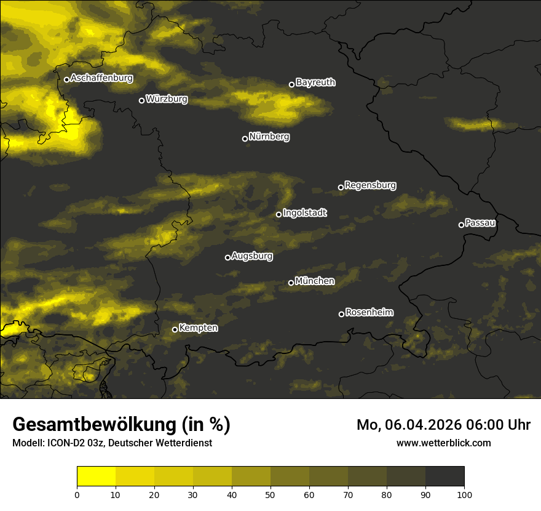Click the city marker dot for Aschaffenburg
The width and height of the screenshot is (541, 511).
66,79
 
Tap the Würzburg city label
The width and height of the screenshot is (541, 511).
167,99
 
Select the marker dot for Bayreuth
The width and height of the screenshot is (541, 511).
291,84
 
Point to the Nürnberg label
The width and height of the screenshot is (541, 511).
269,137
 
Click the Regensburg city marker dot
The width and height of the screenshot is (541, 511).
341,187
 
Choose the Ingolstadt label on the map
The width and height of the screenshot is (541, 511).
305,213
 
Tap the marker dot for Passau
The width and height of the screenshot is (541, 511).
461,225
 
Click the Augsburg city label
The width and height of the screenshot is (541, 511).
252,256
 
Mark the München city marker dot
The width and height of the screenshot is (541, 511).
291,283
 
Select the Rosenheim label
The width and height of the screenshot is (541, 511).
369,313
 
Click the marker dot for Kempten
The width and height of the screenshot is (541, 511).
175,329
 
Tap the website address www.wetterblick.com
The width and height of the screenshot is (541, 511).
444,443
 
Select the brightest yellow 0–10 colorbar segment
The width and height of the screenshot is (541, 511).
96,476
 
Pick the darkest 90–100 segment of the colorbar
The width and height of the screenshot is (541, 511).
444,476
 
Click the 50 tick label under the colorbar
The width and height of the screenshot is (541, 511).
270,494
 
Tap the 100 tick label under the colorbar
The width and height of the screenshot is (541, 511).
464,494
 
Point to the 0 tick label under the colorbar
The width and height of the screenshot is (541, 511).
77,494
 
